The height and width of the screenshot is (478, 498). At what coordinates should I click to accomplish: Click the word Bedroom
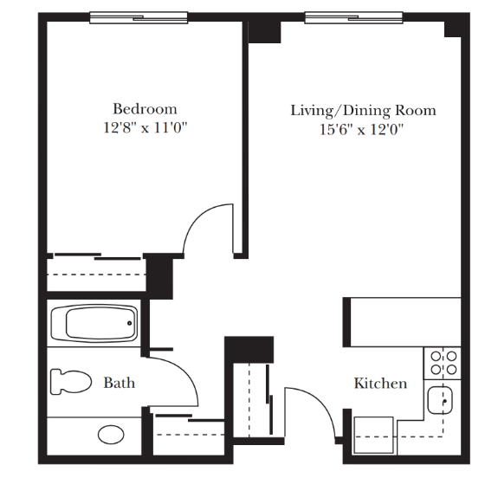click(146, 109)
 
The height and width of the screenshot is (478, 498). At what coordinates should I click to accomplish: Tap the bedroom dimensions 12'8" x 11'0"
click(146, 128)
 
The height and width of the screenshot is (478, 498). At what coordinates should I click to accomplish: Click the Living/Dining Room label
click(364, 111)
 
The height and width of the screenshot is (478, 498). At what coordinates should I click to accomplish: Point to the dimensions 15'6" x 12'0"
click(361, 130)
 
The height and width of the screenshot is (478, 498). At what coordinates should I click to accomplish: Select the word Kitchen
click(380, 384)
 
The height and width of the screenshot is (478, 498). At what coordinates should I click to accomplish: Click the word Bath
click(120, 383)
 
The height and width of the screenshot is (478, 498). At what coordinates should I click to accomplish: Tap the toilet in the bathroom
click(71, 382)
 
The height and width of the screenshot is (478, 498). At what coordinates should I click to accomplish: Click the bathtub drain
click(129, 323)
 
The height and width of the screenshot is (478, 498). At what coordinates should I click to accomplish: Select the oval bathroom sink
click(111, 435)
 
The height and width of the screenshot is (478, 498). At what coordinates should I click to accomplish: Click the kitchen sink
click(440, 400)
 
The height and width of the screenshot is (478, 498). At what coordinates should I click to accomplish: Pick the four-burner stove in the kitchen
click(443, 363)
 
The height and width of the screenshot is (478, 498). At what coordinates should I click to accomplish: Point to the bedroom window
click(139, 17)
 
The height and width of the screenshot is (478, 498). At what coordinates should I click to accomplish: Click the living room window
click(354, 17)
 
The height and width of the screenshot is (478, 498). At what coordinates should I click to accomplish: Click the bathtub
click(94, 323)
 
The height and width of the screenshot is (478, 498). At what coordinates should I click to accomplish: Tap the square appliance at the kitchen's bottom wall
click(373, 435)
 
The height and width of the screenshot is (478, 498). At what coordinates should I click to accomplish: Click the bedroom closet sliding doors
click(98, 256)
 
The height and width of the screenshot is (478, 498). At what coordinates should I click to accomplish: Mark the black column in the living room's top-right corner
click(453, 29)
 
